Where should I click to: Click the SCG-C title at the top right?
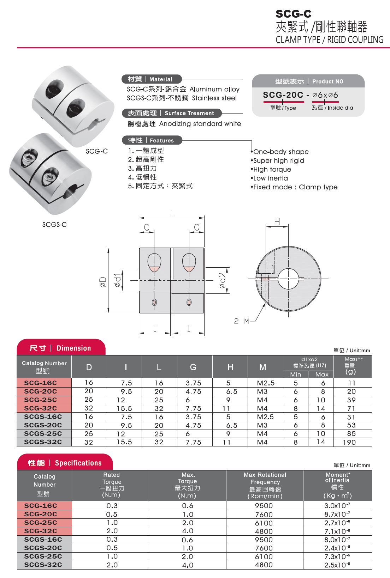point(293,14)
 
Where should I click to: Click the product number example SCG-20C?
point(283,95)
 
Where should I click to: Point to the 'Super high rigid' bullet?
point(278,160)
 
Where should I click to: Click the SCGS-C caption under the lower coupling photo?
point(54,225)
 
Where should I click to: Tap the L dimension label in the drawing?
point(171,213)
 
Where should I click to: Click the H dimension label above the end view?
point(277,221)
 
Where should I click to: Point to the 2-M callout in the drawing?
point(242,321)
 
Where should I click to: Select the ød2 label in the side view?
point(222,280)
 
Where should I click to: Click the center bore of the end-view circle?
point(288,279)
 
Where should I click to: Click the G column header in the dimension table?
point(193,367)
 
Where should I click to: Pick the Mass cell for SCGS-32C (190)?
point(349,442)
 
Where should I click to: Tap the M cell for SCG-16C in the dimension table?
point(266,383)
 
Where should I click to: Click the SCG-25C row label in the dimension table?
point(41,400)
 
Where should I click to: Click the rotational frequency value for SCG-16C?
point(264,506)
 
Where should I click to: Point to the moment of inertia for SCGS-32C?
point(337,565)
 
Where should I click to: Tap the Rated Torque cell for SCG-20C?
point(112,514)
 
